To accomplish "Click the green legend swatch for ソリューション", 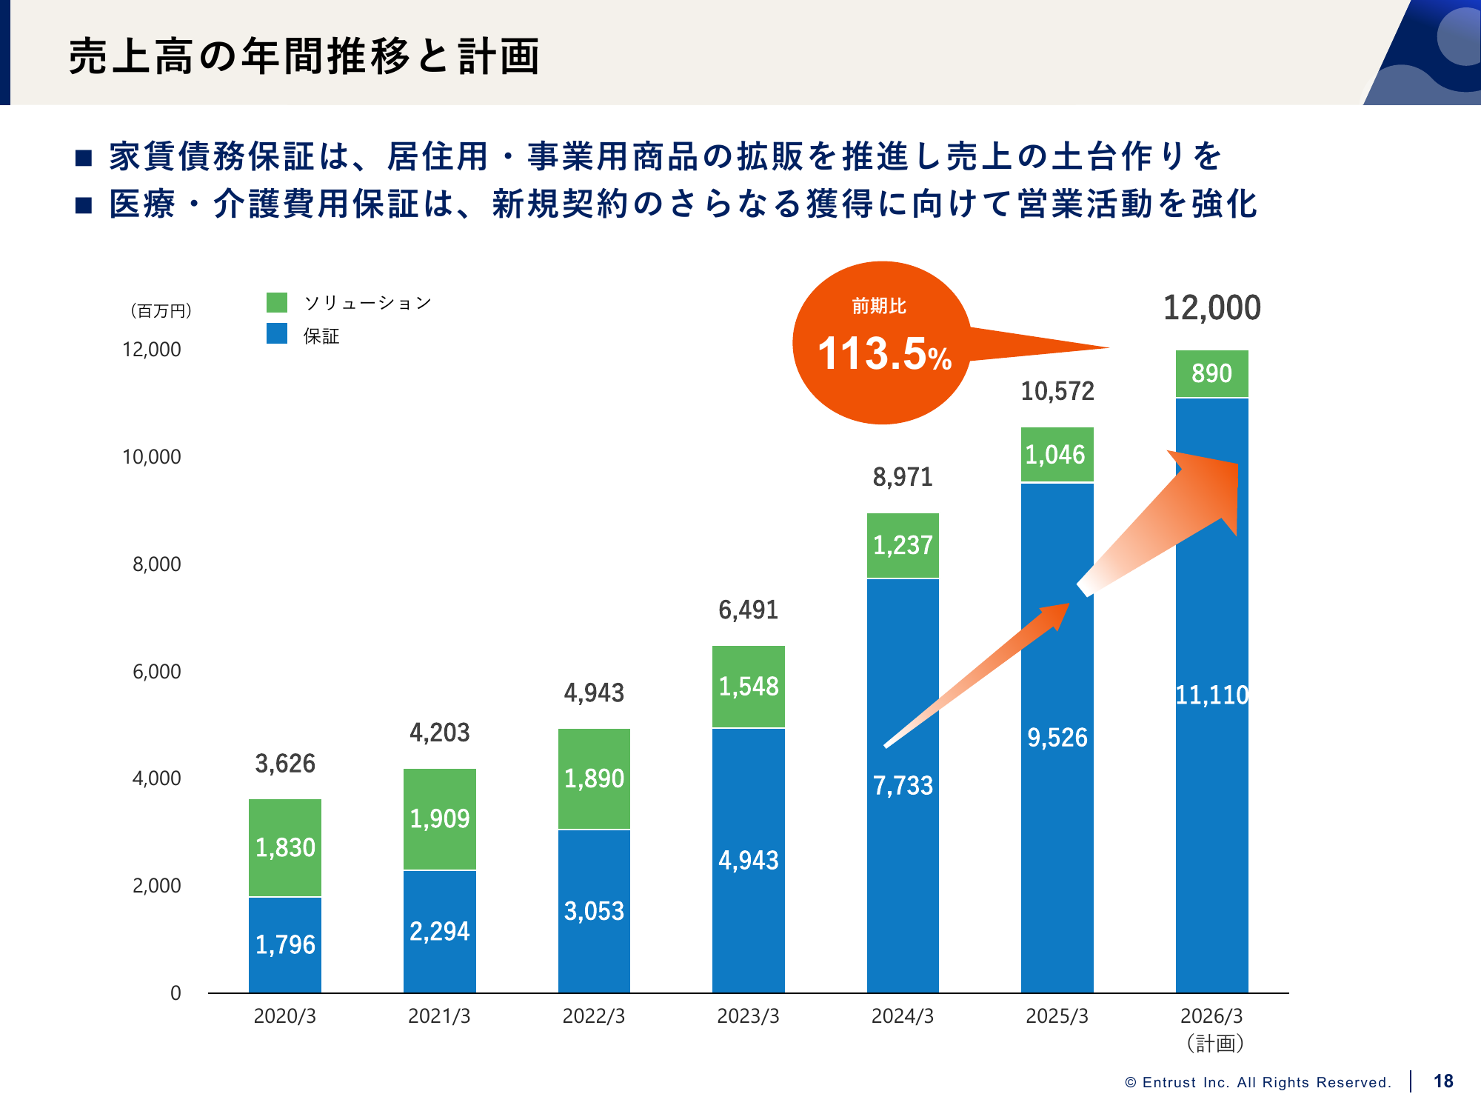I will (x=277, y=302).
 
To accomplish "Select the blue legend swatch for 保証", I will (x=277, y=334).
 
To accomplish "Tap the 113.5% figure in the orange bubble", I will (x=884, y=353).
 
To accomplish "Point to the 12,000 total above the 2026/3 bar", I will (x=1211, y=308).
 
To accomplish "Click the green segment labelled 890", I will (x=1211, y=373).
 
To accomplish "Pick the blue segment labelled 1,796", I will (x=285, y=944).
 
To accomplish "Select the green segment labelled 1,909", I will (x=440, y=818).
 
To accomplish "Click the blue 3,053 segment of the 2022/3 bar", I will (x=594, y=911).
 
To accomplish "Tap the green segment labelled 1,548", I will (x=749, y=687).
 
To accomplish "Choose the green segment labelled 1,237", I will (x=903, y=545).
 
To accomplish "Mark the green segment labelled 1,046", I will (x=1057, y=455).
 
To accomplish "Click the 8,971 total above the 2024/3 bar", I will (x=903, y=477).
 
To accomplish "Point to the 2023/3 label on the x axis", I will (x=748, y=1016).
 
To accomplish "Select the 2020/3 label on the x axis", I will (x=285, y=1016).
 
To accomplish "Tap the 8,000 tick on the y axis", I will (x=157, y=564).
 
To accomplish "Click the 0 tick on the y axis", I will (x=175, y=993).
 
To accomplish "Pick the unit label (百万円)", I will (x=161, y=311).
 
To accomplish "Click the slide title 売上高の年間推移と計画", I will (x=304, y=56).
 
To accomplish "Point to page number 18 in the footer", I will (x=1443, y=1081).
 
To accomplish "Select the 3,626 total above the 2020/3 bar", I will (x=285, y=764).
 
